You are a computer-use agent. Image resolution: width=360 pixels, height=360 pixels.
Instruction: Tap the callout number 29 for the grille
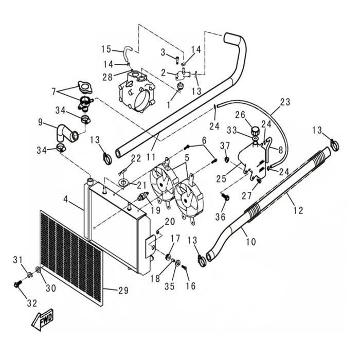(123, 291)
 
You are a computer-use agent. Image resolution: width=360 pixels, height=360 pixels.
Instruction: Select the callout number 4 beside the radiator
(66, 199)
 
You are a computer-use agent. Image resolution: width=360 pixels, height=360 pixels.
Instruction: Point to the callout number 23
(285, 102)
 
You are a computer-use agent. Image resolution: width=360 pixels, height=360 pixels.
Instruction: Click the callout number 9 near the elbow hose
(40, 123)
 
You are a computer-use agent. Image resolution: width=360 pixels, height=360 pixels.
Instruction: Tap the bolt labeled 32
(17, 284)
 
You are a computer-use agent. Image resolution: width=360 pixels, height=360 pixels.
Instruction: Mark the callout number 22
(136, 158)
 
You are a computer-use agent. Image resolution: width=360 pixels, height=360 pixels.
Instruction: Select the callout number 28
(107, 77)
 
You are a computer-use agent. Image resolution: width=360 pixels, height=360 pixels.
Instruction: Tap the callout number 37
(225, 146)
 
